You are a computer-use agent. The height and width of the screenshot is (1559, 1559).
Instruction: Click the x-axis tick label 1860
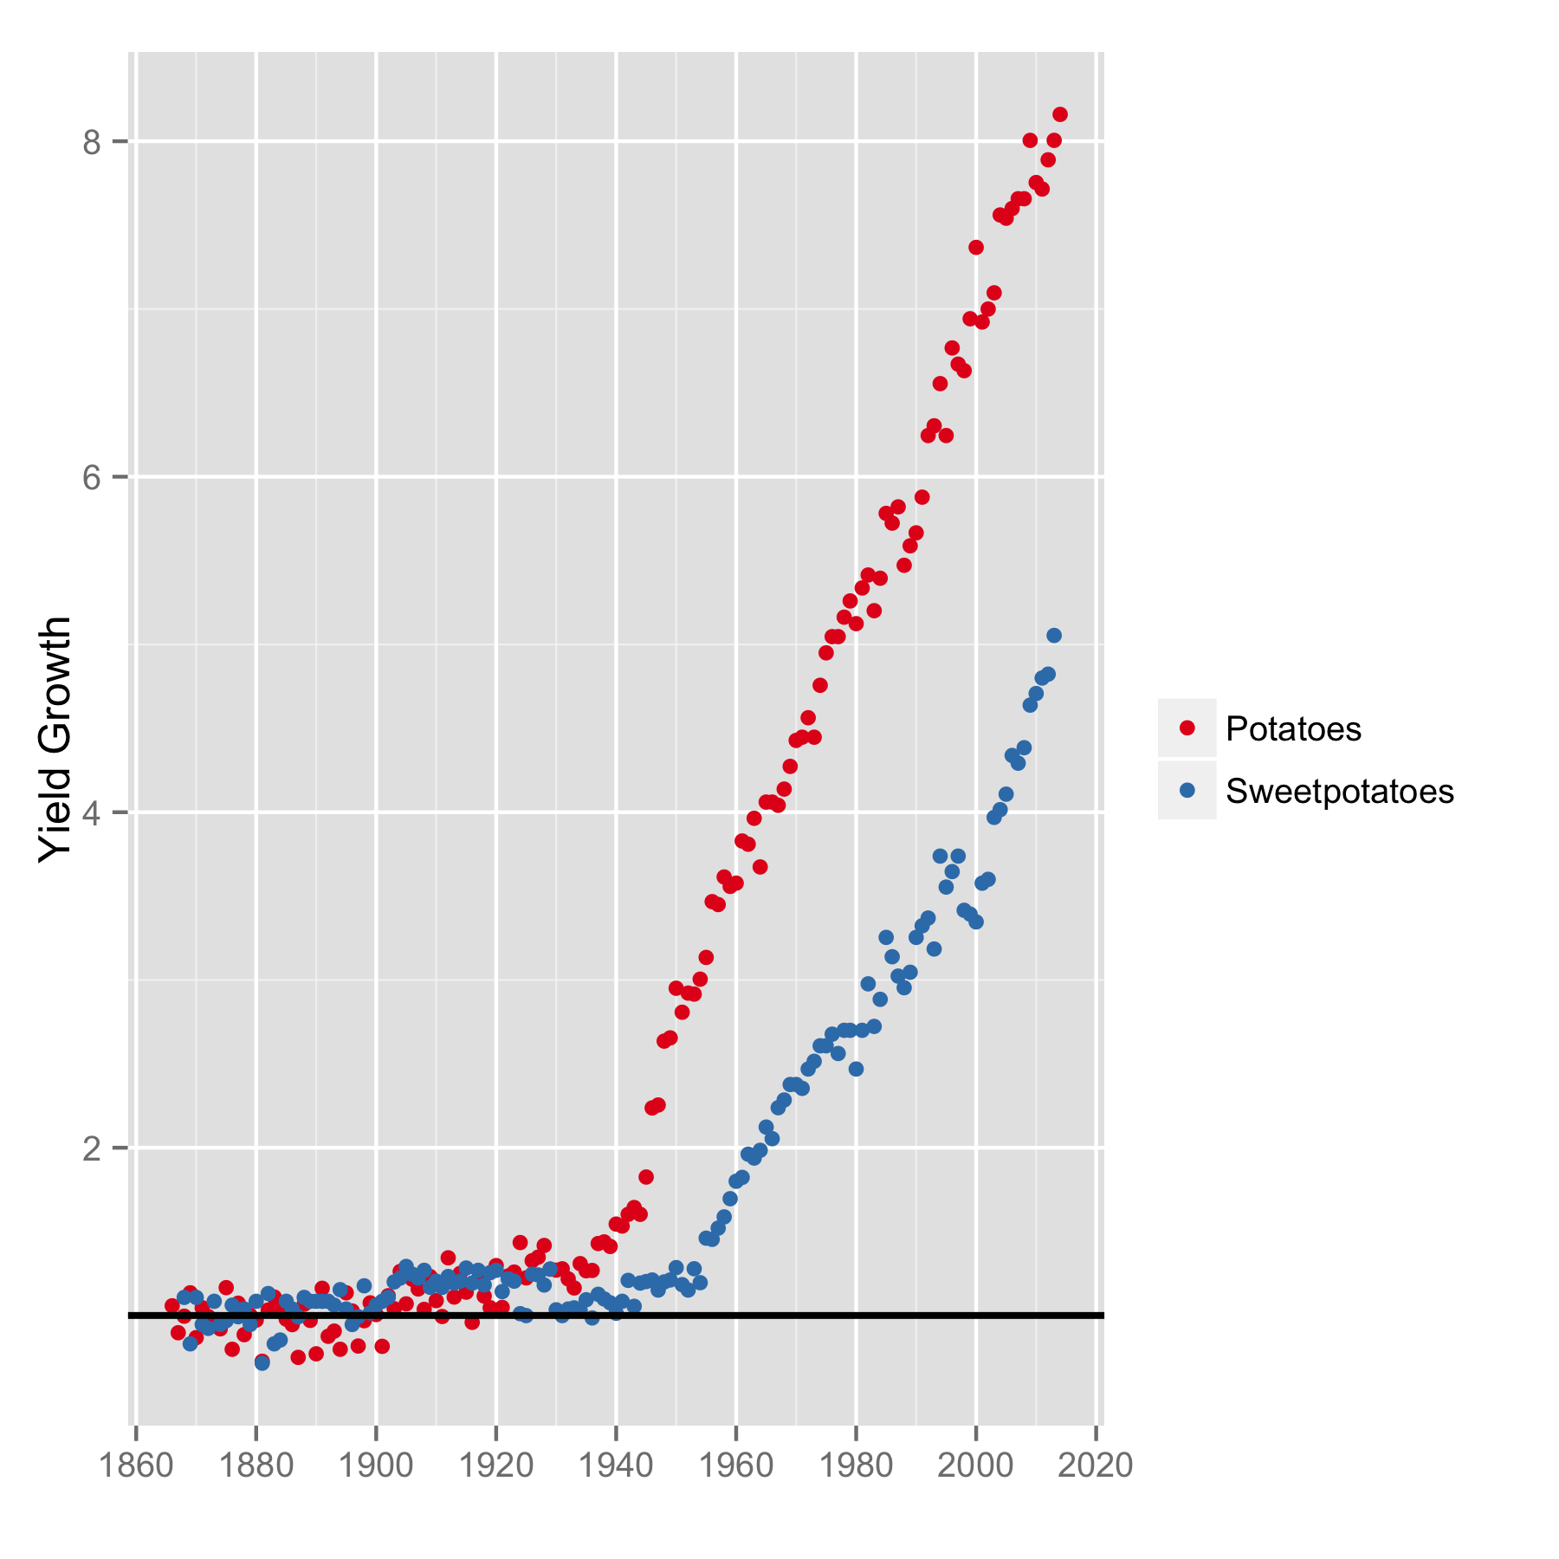tap(136, 1466)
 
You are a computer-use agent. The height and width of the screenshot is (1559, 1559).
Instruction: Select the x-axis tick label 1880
tap(256, 1466)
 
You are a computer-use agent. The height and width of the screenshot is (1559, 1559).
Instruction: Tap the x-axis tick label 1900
tap(376, 1466)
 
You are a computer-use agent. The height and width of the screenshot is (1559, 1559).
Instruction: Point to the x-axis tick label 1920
tap(495, 1466)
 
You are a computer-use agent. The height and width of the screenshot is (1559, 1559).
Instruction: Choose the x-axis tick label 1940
tap(616, 1466)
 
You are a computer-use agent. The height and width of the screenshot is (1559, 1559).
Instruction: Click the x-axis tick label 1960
tap(735, 1466)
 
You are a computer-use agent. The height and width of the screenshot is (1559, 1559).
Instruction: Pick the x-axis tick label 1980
tap(856, 1466)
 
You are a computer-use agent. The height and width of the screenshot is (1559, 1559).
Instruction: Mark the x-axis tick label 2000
tap(976, 1466)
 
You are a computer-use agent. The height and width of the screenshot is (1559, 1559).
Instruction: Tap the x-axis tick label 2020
tap(1096, 1466)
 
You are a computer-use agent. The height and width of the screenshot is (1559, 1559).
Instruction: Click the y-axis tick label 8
tap(93, 142)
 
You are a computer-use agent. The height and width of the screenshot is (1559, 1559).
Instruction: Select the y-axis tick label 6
tap(93, 477)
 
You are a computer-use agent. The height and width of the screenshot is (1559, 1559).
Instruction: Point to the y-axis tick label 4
tap(93, 813)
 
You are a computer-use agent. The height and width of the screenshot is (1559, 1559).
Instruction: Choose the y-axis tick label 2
tap(93, 1148)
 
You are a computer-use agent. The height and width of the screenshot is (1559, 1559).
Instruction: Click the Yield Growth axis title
tap(55, 739)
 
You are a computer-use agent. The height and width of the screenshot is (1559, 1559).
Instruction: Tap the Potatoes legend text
tap(1293, 729)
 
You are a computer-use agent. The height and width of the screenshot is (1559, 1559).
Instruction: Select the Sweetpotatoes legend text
tap(1339, 792)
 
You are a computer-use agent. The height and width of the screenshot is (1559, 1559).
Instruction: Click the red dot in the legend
tap(1187, 728)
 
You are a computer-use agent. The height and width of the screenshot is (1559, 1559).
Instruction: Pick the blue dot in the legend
tap(1187, 790)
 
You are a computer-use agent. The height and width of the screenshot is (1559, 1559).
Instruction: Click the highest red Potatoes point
tap(1060, 114)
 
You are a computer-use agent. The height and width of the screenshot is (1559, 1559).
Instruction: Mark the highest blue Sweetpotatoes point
tap(1054, 636)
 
